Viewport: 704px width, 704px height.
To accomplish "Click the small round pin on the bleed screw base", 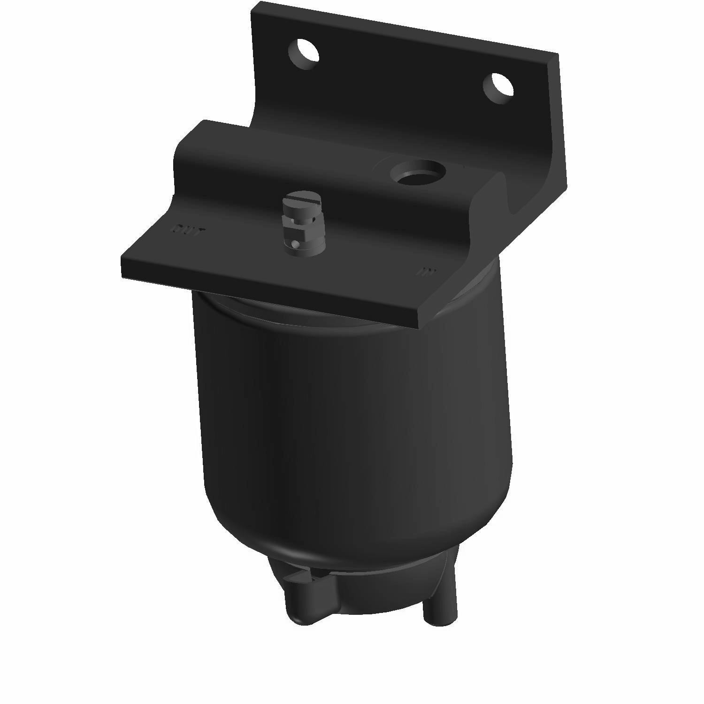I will [294, 245].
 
